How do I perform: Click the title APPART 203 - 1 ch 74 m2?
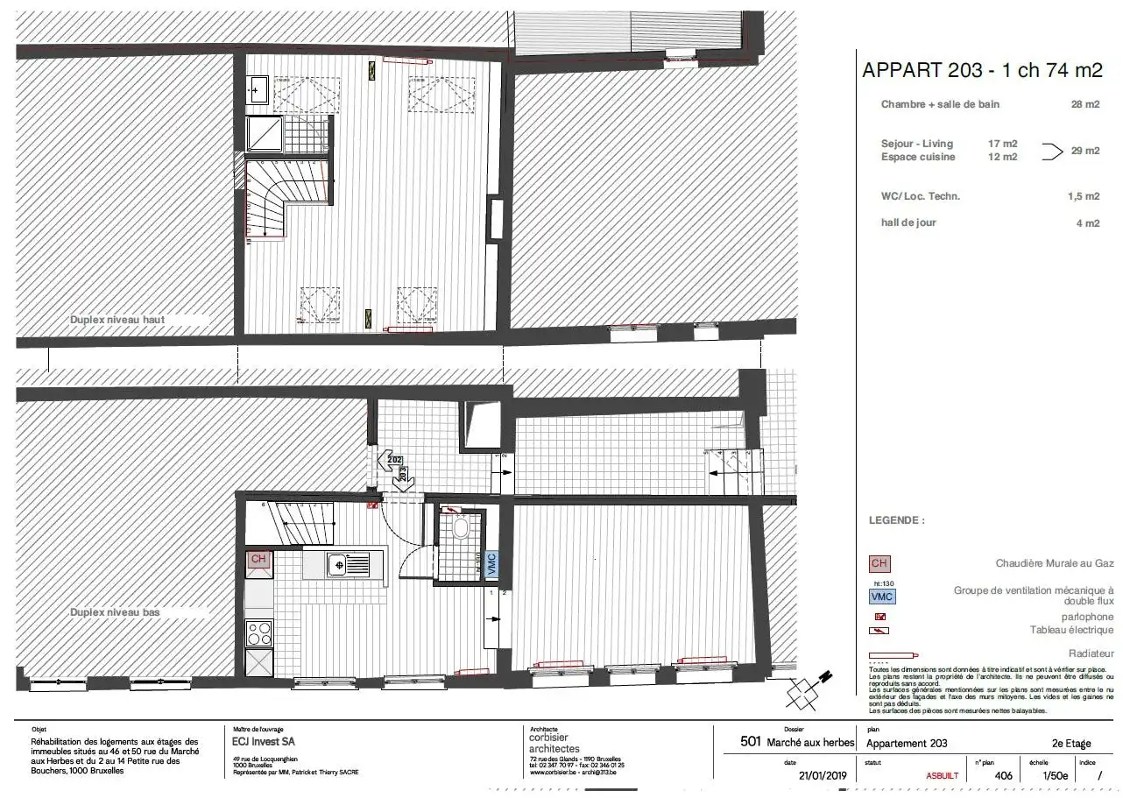tap(982, 70)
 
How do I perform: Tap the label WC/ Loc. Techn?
tap(920, 196)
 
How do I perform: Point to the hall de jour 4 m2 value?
tap(1087, 223)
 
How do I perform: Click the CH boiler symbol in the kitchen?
tap(258, 560)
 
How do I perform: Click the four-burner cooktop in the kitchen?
tap(259, 632)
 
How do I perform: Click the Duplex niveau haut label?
tap(117, 320)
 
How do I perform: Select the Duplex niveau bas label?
tap(115, 612)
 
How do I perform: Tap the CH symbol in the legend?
tap(880, 563)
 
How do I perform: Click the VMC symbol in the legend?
tap(882, 597)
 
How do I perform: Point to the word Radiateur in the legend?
tap(1091, 653)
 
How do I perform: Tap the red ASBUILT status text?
tap(942, 776)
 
